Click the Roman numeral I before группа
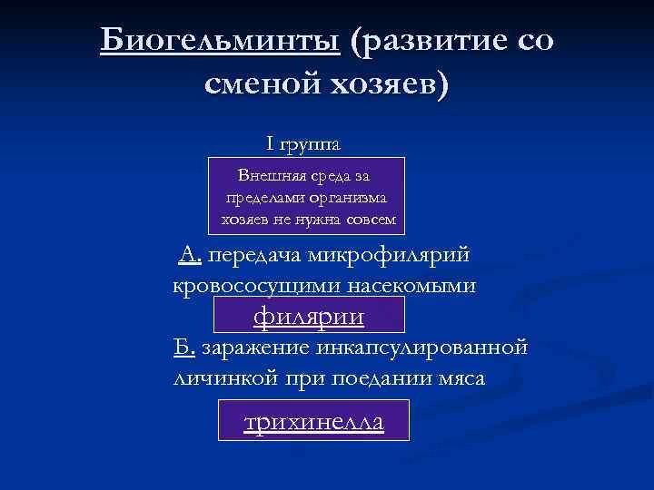point(270,143)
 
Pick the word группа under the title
point(311,145)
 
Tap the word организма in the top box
point(350,197)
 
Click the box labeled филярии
point(309,317)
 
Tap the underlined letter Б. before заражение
point(184,348)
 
